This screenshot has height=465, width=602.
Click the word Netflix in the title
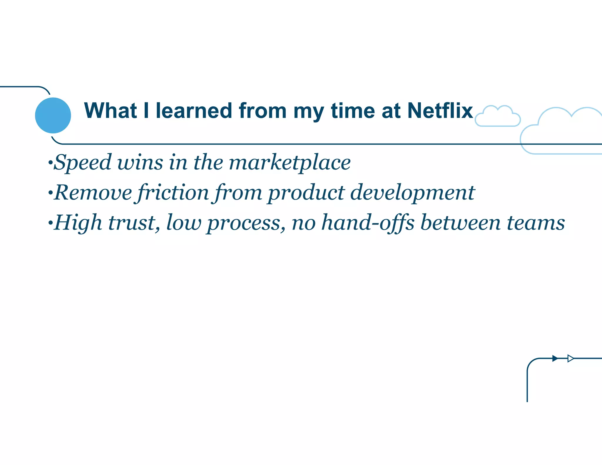pyautogui.click(x=440, y=111)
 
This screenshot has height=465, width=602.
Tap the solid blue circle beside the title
pyautogui.click(x=53, y=115)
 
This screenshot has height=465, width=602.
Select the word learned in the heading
pyautogui.click(x=194, y=111)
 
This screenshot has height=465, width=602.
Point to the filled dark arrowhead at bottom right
pyautogui.click(x=555, y=358)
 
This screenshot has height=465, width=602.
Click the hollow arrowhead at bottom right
pyautogui.click(x=570, y=358)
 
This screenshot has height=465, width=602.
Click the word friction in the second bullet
pyautogui.click(x=173, y=193)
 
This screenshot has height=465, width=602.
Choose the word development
pyautogui.click(x=412, y=193)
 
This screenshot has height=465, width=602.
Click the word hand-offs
pyautogui.click(x=368, y=223)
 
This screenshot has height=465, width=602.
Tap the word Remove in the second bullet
pyautogui.click(x=93, y=193)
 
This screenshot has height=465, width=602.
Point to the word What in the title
pyautogui.click(x=110, y=111)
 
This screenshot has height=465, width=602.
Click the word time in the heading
pyautogui.click(x=353, y=111)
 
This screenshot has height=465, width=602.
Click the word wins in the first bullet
pyautogui.click(x=140, y=163)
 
